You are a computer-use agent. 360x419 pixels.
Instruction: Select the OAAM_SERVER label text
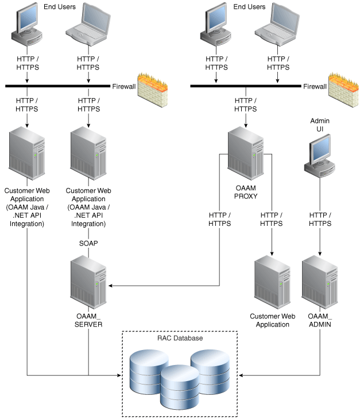tap(88, 320)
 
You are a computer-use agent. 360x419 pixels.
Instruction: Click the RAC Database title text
tap(180, 339)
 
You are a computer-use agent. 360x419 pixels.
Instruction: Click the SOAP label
tap(88, 243)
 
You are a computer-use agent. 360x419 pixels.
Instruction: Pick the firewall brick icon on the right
tap(343, 89)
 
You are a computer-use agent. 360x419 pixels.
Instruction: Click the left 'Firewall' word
tap(123, 86)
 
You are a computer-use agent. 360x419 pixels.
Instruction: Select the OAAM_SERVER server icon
tap(88, 282)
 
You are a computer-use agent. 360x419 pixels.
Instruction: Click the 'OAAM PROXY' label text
tap(246, 191)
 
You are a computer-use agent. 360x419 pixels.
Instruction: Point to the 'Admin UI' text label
tap(320, 125)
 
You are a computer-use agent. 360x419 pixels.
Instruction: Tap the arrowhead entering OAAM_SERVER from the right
tap(111, 285)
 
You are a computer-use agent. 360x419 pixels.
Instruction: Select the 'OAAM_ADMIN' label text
tap(320, 320)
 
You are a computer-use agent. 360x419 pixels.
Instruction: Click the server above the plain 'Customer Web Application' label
tap(273, 281)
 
